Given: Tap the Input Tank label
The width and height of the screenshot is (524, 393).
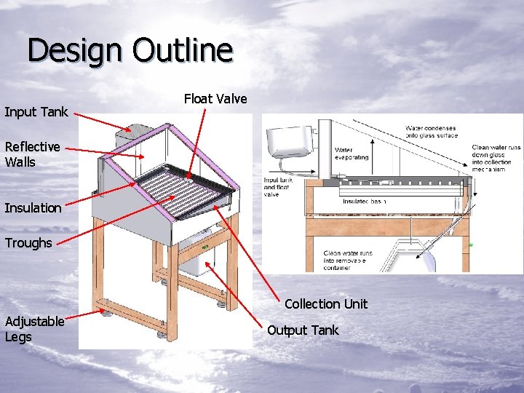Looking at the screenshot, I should pos(36,112).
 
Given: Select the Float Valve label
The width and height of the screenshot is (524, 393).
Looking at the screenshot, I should pos(215,99).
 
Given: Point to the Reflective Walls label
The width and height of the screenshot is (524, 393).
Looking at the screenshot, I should pos(32,154).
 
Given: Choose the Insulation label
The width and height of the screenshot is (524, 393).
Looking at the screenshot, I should pos(33,208).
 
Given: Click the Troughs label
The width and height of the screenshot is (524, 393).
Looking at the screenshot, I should pos(28,243).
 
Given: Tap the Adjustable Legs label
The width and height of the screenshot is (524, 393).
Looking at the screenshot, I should pos(34,329).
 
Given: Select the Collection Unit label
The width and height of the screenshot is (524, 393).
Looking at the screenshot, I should pos(326,304).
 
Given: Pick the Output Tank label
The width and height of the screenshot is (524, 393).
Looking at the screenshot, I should pos(303,330).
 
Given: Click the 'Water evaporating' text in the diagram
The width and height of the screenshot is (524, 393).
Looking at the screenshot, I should pos(352,154).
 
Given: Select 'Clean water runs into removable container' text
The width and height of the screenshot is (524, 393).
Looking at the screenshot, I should pos(348,261).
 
